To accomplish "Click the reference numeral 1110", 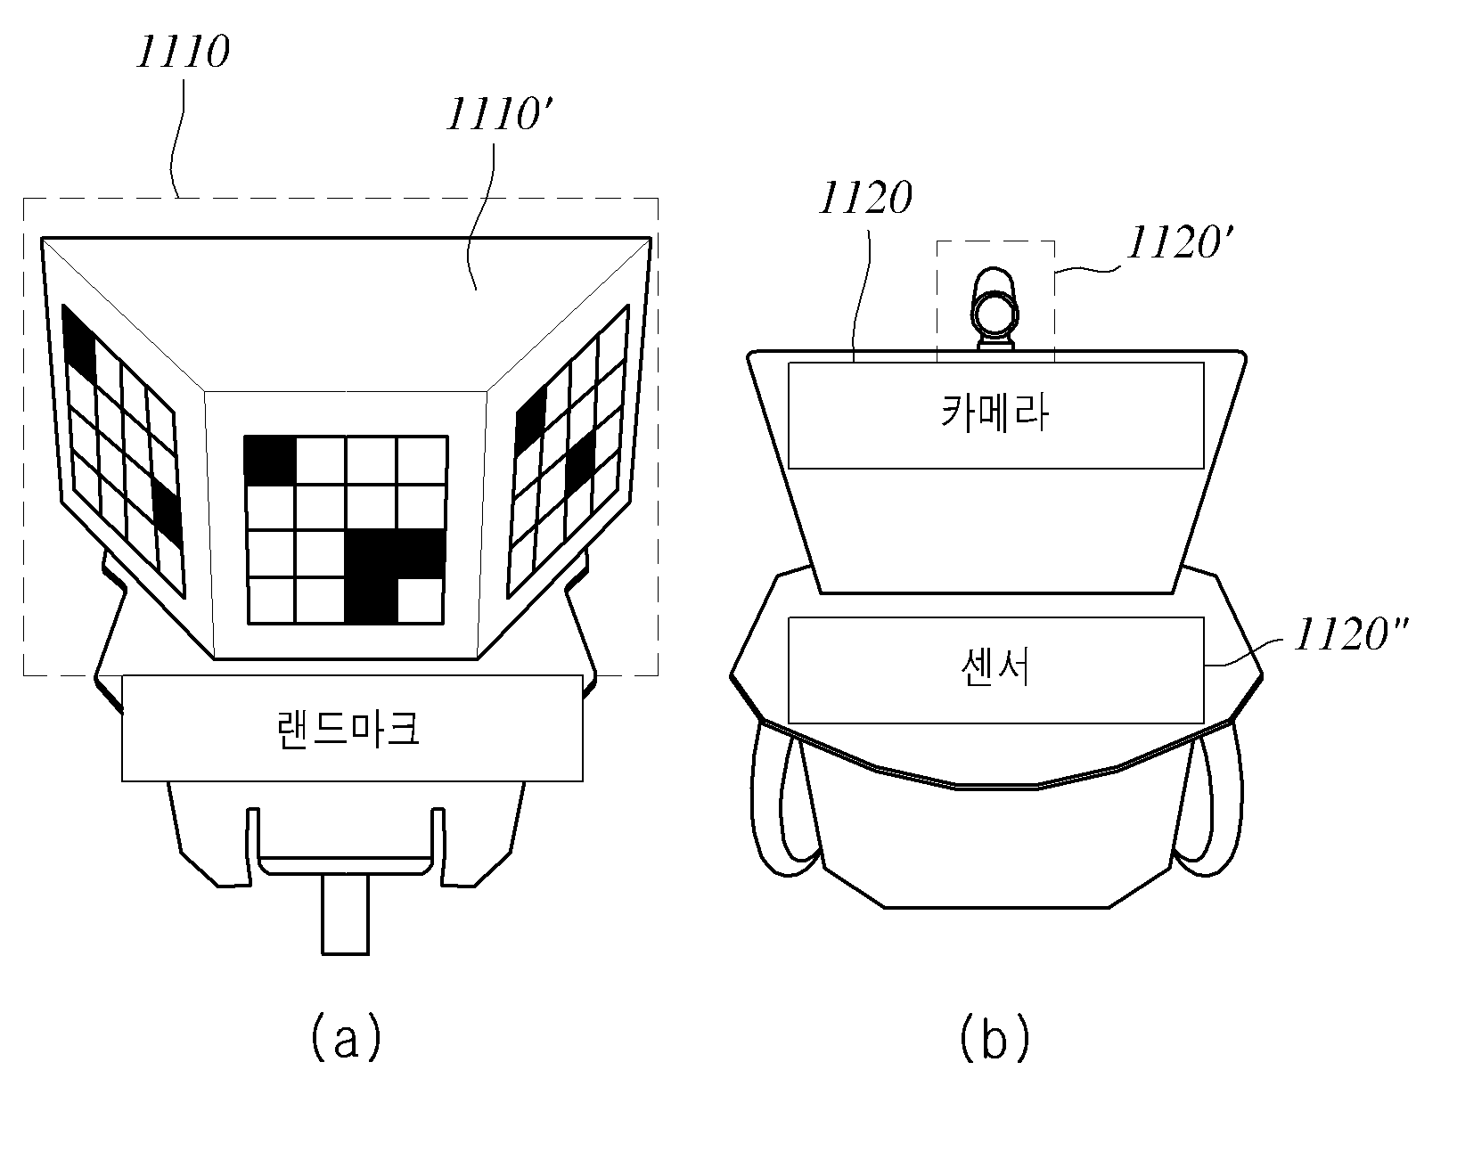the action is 184,52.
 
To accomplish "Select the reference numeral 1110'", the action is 500,114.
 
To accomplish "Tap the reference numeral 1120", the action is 865,198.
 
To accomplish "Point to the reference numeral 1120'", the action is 1179,243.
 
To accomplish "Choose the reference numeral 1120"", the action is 1351,635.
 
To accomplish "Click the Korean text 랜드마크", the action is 349,729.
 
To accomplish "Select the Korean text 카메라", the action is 995,413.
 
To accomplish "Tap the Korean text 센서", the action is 995,668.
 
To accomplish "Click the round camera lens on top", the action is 995,314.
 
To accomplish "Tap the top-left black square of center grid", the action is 270,461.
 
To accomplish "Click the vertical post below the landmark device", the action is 346,914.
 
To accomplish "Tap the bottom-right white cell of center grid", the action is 421,601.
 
